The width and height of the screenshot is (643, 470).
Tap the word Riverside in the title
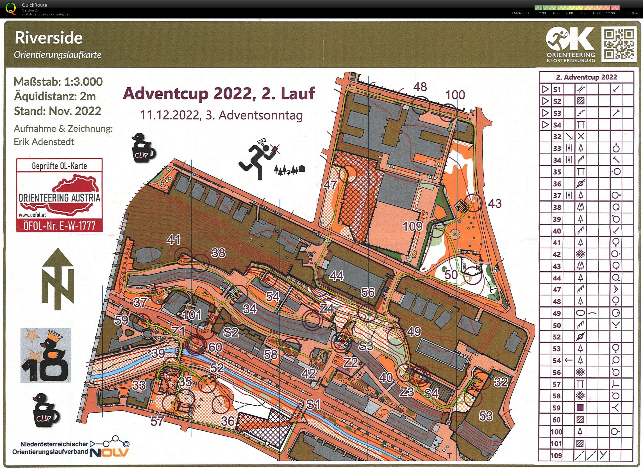tap(48, 38)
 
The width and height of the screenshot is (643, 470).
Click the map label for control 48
tap(420, 87)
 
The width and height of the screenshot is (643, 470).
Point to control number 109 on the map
tap(413, 226)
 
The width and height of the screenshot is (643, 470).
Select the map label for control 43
tap(495, 203)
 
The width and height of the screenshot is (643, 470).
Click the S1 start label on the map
tap(313, 404)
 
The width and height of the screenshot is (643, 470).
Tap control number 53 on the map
tap(485, 416)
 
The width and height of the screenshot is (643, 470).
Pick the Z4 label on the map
tap(326, 308)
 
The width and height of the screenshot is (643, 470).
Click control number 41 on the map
tap(174, 240)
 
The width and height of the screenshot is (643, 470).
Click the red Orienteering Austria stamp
tap(59, 195)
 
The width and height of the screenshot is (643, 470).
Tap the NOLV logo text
tap(109, 452)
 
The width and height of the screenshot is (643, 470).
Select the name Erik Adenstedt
tap(44, 142)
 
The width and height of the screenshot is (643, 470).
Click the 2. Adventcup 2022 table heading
tap(586, 77)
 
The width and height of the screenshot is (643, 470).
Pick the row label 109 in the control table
tap(556, 455)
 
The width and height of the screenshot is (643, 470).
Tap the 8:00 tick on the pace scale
tap(583, 13)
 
